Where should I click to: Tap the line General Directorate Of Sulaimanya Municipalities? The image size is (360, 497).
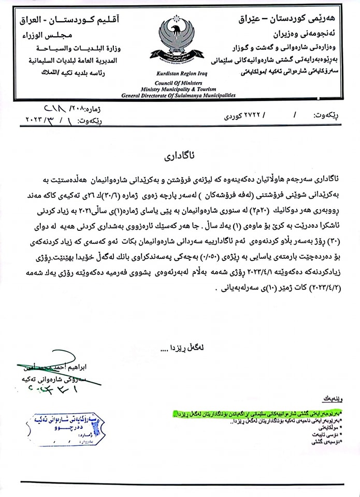(178, 96)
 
